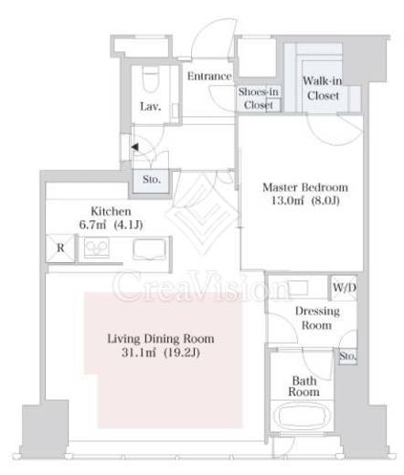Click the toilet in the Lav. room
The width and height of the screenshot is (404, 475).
pyautogui.click(x=151, y=79)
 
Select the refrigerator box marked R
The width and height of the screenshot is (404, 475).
pyautogui.click(x=60, y=248)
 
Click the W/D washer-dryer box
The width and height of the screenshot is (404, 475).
pyautogui.click(x=344, y=288)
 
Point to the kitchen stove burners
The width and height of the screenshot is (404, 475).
pyautogui.click(x=97, y=248)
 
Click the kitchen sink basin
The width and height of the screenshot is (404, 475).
pyautogui.click(x=150, y=249)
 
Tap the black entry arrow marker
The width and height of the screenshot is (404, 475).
pyautogui.click(x=135, y=147)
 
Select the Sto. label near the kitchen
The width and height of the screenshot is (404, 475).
pyautogui.click(x=152, y=180)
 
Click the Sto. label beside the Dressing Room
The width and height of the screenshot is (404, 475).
pyautogui.click(x=347, y=356)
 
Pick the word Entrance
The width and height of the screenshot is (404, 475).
pyautogui.click(x=209, y=76)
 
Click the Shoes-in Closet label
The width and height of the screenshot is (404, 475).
pyautogui.click(x=258, y=98)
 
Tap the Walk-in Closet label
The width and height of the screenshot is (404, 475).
pyautogui.click(x=323, y=89)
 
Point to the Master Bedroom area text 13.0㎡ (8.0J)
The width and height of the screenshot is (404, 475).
pyautogui.click(x=305, y=201)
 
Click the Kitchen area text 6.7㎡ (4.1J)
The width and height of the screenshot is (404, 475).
pyautogui.click(x=111, y=225)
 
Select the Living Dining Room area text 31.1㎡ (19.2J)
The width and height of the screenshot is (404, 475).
pyautogui.click(x=161, y=353)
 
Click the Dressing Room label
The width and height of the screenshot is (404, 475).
pyautogui.click(x=317, y=318)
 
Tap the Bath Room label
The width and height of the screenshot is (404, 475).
pyautogui.click(x=303, y=386)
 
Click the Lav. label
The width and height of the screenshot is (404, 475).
pyautogui.click(x=151, y=107)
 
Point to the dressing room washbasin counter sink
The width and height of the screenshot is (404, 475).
pyautogui.click(x=298, y=288)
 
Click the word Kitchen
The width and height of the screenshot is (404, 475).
pyautogui.click(x=111, y=211)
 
